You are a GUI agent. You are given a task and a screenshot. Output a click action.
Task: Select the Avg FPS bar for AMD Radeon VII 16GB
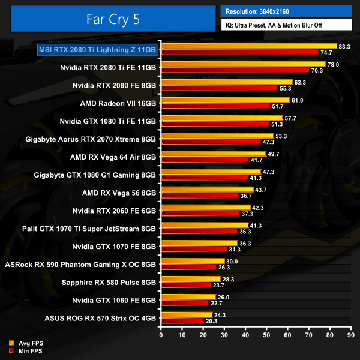[225, 100]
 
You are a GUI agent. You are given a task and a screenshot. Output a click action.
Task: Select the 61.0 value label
[298, 100]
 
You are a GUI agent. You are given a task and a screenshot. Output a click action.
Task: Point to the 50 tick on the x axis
[266, 335]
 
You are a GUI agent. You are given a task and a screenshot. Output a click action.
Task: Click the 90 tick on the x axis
[351, 335]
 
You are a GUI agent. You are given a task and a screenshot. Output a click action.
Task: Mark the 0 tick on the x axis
[161, 335]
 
